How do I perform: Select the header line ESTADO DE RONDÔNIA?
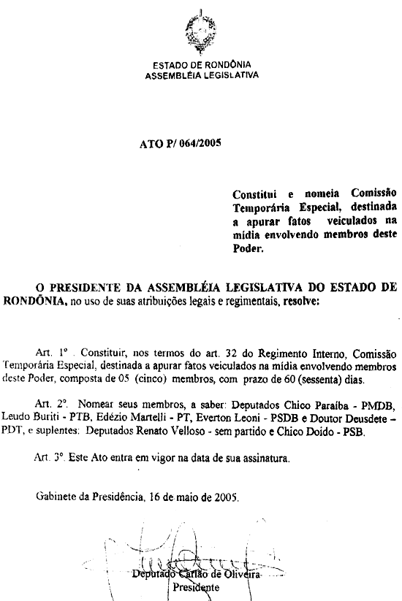point(200,65)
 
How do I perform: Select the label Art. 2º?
point(50,402)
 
